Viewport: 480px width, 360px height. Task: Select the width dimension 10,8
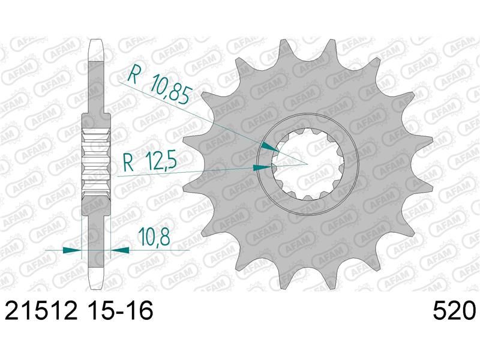click(x=154, y=236)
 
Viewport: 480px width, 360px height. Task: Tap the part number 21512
click(x=41, y=310)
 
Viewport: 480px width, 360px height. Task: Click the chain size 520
click(x=455, y=310)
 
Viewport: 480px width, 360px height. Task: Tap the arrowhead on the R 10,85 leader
click(x=271, y=147)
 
